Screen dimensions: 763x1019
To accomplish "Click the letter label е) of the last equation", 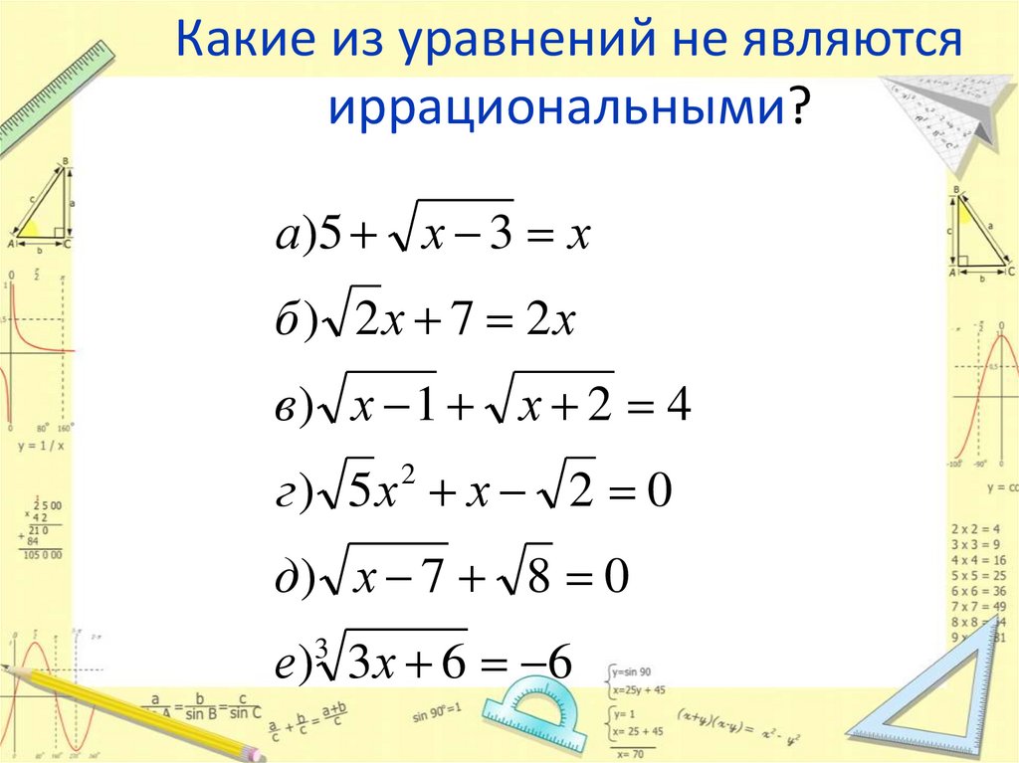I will pyautogui.click(x=295, y=665).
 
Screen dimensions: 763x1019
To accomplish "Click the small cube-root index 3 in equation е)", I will pyautogui.click(x=320, y=649).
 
